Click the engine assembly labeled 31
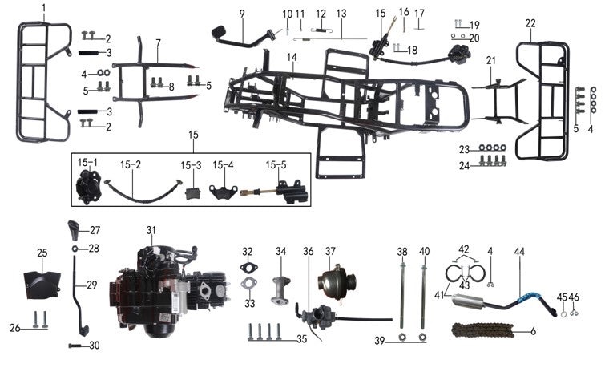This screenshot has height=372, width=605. [x=170, y=289]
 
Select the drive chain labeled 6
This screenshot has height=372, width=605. [x=483, y=330]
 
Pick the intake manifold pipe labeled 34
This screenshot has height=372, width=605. [x=281, y=289]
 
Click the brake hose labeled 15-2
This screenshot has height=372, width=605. [x=143, y=191]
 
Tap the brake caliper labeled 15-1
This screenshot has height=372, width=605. [x=88, y=187]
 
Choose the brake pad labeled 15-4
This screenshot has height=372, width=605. [x=224, y=192]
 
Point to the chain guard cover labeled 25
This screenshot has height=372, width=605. [x=42, y=285]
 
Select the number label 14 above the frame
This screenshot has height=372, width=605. [x=292, y=58]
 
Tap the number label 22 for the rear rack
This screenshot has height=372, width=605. [x=530, y=23]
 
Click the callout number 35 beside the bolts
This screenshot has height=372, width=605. [x=302, y=339]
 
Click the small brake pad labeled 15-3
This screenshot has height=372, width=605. [x=191, y=193]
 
